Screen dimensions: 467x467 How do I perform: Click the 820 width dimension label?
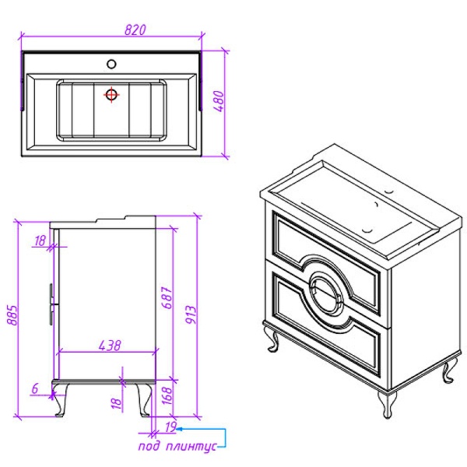[x=135, y=30]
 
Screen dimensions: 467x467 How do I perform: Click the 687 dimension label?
[x=167, y=294]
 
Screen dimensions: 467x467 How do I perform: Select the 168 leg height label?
[x=167, y=396]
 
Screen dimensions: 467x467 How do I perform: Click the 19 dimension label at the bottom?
[x=170, y=427]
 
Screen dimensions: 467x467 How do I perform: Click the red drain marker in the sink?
[x=111, y=95]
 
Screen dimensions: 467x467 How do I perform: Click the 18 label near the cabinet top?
[x=40, y=241]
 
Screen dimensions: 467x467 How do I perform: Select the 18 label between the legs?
[x=116, y=402]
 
